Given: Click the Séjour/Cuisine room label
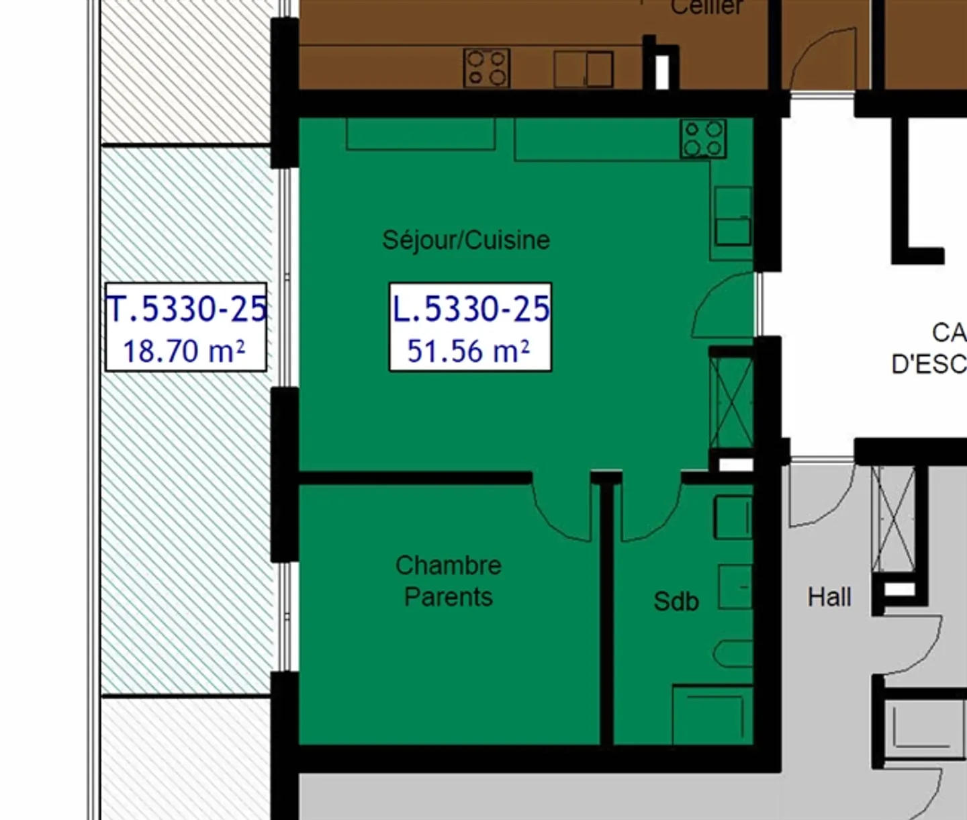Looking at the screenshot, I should pos(466,240).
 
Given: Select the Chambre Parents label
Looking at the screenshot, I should pos(448,581).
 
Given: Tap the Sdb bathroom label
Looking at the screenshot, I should pos(676,601).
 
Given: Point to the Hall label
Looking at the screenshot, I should pos(829,597).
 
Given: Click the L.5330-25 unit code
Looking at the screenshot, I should pos(471,309).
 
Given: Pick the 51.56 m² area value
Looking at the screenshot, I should pos(469,351).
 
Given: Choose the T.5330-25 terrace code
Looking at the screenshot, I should pos(187,309).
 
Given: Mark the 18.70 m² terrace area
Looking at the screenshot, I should pos(184,351).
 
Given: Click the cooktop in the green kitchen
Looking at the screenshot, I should pos(703,139).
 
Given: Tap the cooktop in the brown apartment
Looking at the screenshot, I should pos(486,68).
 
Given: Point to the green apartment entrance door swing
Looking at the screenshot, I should pos(724,306).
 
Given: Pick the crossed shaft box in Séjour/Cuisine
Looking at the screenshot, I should pos(732,402).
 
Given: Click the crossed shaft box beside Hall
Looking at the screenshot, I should pos(894,517).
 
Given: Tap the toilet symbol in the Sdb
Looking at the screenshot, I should pos(733,653).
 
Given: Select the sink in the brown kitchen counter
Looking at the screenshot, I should pos(584,69).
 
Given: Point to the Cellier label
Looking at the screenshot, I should pos(706,7).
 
